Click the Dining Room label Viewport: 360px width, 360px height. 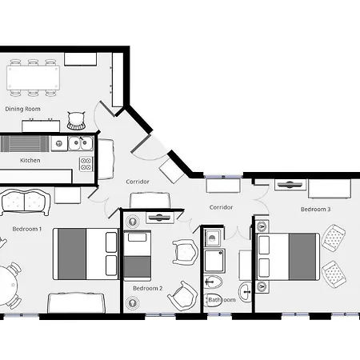22,109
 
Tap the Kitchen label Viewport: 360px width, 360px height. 30,160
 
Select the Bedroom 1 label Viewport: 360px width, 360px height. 27,229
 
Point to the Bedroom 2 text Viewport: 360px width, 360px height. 148,288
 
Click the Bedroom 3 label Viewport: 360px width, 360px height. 315,210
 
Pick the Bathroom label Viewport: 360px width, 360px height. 222,300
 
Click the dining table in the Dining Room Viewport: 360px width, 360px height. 33,78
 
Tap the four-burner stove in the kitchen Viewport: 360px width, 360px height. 86,164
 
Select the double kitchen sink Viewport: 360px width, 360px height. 81,143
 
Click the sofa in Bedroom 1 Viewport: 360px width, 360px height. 26,202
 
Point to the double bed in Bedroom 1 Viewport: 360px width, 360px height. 86,254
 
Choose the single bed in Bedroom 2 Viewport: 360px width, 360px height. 138,255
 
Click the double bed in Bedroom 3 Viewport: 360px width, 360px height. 288,257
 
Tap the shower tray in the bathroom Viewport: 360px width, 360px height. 214,261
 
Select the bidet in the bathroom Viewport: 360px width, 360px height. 213,282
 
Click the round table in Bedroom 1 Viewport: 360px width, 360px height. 7,285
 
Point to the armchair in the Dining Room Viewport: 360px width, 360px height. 76,122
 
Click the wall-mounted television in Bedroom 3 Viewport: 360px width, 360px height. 290,184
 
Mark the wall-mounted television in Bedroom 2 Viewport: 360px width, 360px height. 159,218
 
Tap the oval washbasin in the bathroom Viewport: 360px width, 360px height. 246,292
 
